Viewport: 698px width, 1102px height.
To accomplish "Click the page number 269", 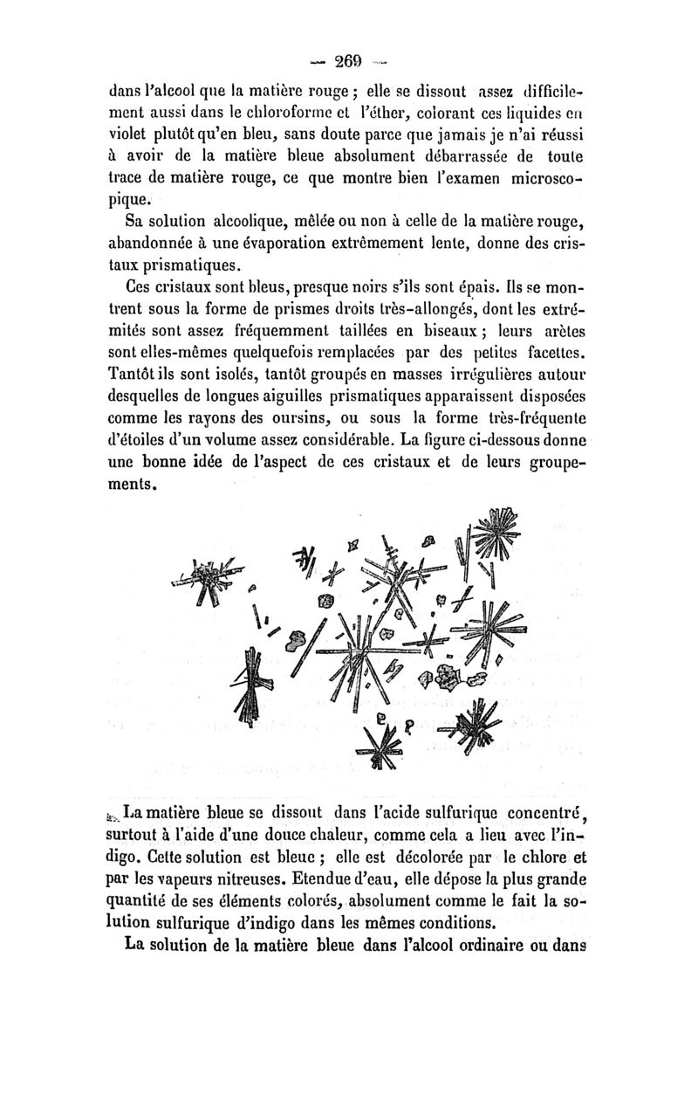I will tap(347, 61).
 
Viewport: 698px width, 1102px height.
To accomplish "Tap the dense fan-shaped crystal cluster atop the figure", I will tap(495, 534).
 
